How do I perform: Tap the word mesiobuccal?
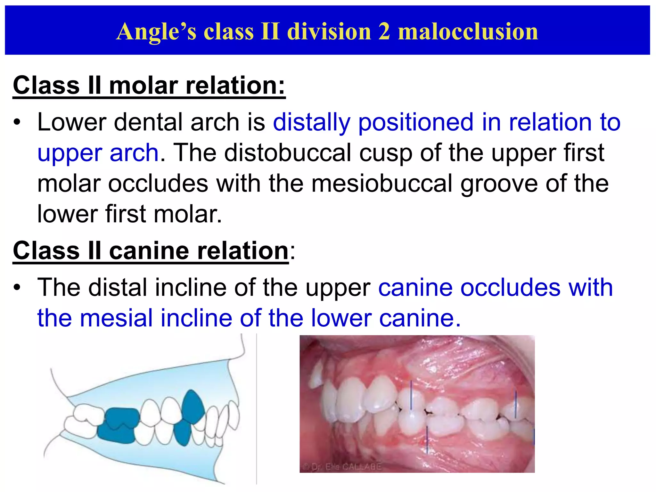[x=382, y=184]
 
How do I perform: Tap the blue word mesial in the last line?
[x=116, y=318]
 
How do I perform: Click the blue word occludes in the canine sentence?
[x=510, y=288]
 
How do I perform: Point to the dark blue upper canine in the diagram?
[x=193, y=405]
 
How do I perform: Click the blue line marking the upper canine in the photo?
[x=411, y=396]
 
